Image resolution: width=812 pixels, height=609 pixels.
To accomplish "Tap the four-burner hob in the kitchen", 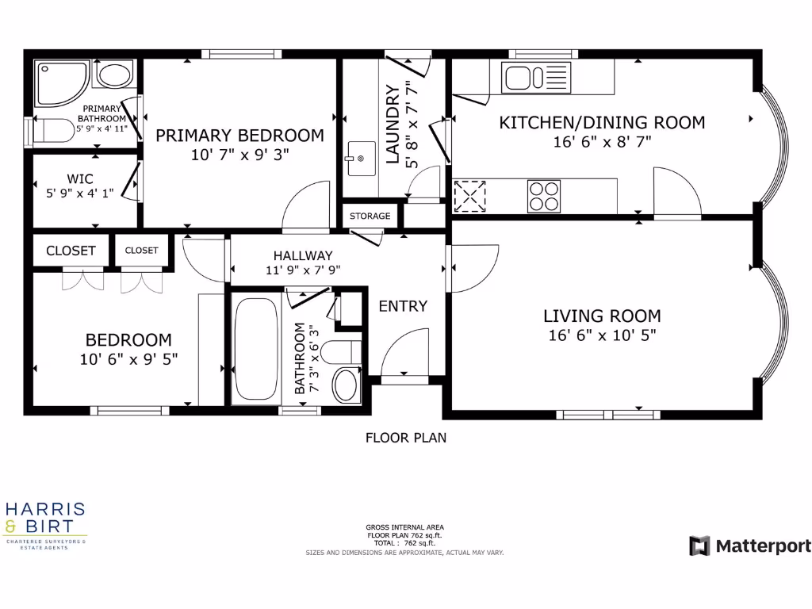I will click(544, 196).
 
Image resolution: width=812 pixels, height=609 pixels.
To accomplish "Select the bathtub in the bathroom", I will click(254, 348).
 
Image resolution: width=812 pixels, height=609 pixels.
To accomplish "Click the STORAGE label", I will click(370, 216).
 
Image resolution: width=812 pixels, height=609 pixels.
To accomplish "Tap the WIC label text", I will click(81, 178).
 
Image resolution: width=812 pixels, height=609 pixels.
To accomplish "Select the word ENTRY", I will click(402, 306).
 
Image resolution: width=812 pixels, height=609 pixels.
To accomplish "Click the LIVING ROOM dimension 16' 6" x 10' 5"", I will click(602, 335).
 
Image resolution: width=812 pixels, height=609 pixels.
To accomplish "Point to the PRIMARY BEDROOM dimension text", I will click(239, 155).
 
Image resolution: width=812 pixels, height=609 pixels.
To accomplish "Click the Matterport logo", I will click(749, 546).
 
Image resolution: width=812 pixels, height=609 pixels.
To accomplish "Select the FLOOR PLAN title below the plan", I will click(405, 437).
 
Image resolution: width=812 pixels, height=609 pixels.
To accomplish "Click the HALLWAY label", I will click(303, 255).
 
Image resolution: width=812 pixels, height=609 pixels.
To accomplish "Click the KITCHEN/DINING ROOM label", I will click(602, 122).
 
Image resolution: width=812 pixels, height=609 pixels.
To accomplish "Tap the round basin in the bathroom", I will click(345, 385).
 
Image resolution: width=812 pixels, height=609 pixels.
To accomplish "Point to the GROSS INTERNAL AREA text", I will click(404, 527).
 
